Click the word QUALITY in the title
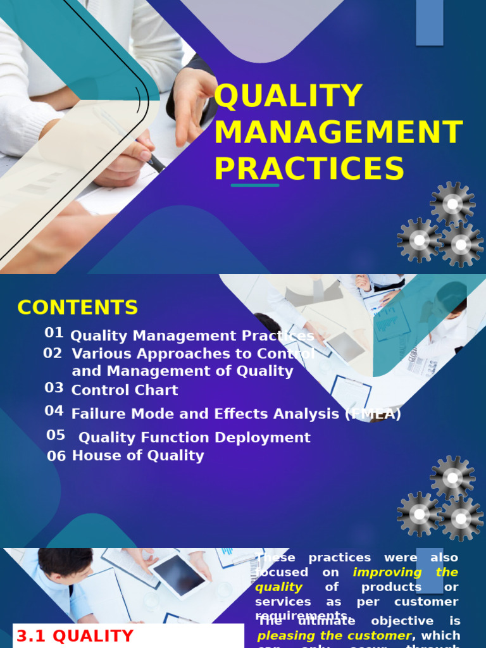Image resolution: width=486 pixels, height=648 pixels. pyautogui.click(x=288, y=96)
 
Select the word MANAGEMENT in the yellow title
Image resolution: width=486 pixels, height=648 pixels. pyautogui.click(x=338, y=132)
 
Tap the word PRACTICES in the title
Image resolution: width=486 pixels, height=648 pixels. pyautogui.click(x=309, y=169)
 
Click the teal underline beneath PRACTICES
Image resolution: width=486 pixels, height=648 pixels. pyautogui.click(x=255, y=185)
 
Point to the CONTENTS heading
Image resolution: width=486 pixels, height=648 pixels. pyautogui.click(x=77, y=308)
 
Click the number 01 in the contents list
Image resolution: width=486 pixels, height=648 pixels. pyautogui.click(x=54, y=333)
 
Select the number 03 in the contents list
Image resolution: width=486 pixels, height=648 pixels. pyautogui.click(x=54, y=388)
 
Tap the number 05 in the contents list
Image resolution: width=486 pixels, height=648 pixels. pyautogui.click(x=56, y=435)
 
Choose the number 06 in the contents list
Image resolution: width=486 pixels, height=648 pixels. pyautogui.click(x=56, y=456)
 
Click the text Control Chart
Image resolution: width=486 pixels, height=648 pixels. pyautogui.click(x=125, y=390)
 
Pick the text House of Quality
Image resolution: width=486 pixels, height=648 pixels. pyautogui.click(x=138, y=456)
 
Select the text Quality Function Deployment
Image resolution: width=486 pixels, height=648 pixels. pyautogui.click(x=194, y=437)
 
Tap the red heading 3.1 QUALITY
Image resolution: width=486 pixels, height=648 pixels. pyautogui.click(x=75, y=637)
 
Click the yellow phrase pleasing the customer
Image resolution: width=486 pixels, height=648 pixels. pyautogui.click(x=334, y=635)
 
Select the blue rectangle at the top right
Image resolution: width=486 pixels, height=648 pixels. pyautogui.click(x=429, y=22)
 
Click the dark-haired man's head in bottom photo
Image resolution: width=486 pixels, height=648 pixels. pyautogui.click(x=65, y=563)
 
